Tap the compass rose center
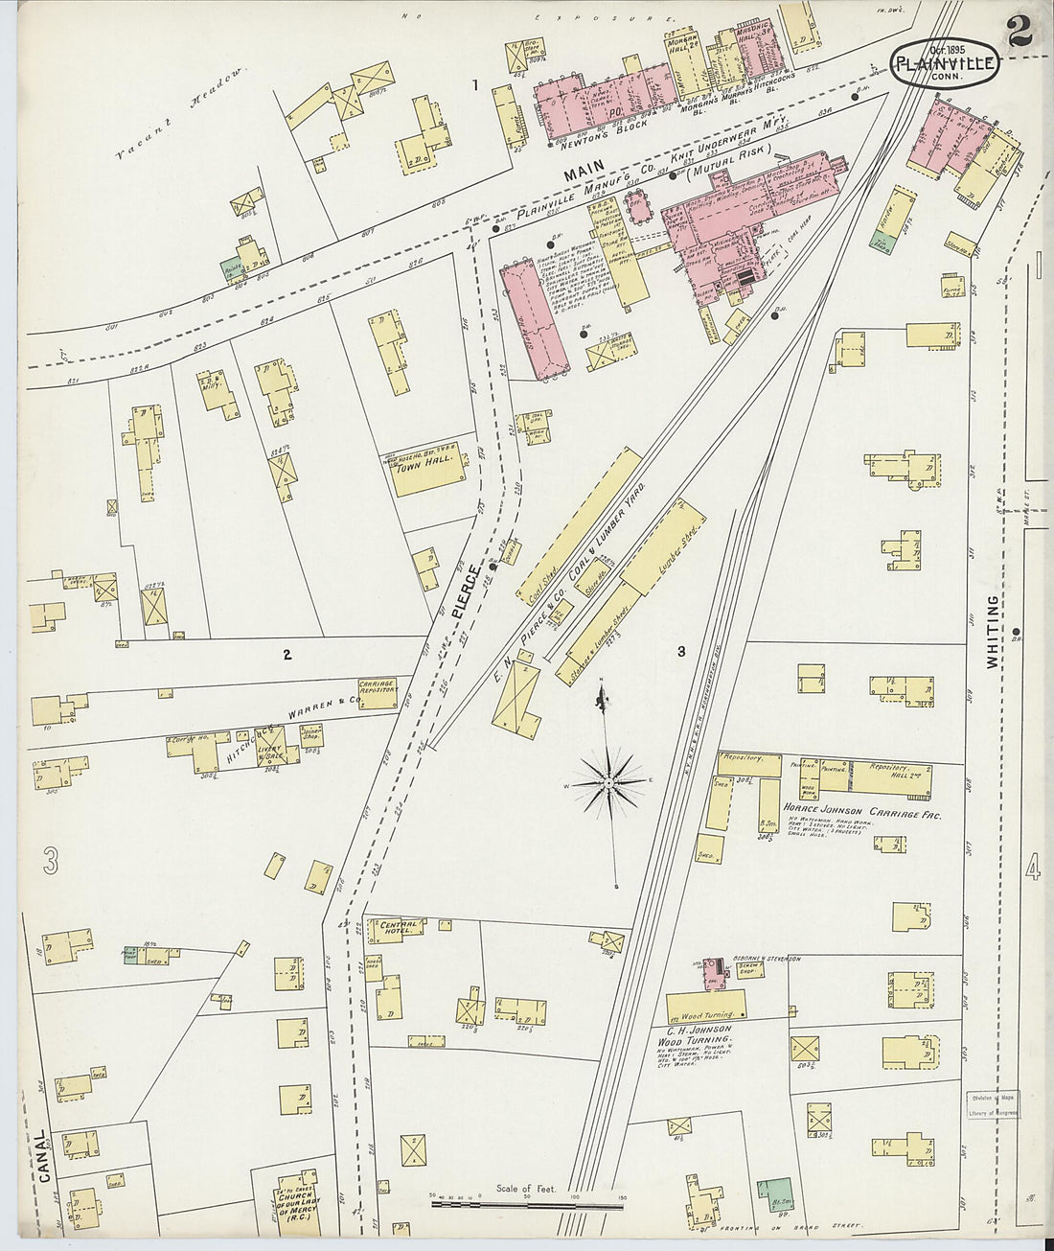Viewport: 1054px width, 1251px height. (609, 783)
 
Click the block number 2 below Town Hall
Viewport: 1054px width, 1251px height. (286, 655)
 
